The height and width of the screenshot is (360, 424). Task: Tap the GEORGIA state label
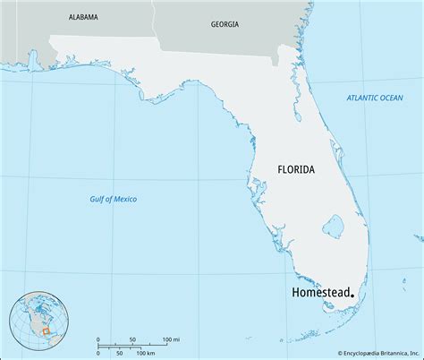(x=225, y=24)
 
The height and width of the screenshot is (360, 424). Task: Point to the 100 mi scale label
(x=170, y=339)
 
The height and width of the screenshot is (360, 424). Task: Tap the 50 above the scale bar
(x=132, y=339)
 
